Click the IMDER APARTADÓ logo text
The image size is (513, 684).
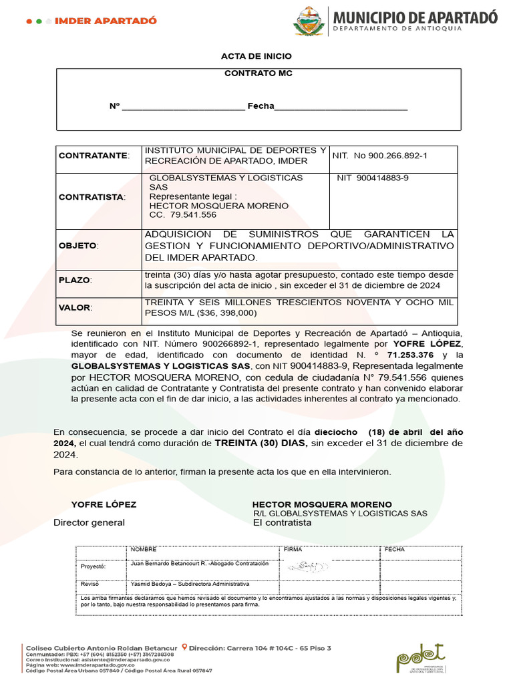click(x=106, y=21)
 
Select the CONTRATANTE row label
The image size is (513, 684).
click(x=93, y=156)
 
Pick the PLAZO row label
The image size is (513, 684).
click(x=75, y=280)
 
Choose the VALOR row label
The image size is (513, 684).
click(x=75, y=308)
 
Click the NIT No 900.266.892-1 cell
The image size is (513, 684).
click(x=380, y=156)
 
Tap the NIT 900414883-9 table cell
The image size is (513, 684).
click(x=373, y=178)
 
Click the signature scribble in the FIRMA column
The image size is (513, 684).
click(x=308, y=566)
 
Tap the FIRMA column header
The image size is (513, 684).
click(x=293, y=549)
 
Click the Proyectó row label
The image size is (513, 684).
click(x=94, y=566)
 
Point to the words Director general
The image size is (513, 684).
click(x=89, y=522)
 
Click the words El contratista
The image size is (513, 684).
click(x=282, y=522)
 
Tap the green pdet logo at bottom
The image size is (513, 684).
click(x=420, y=658)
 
